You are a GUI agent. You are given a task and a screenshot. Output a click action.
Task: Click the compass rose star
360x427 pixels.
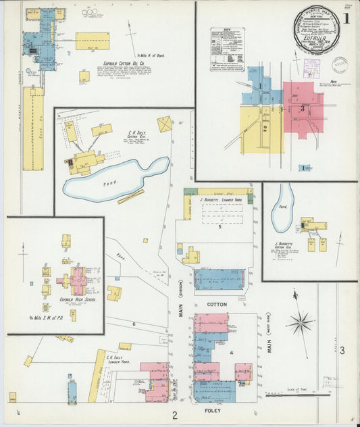301,322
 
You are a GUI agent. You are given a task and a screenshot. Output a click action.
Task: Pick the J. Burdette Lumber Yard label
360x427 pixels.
221,200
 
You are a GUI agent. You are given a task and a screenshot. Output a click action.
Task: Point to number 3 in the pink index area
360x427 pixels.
303,108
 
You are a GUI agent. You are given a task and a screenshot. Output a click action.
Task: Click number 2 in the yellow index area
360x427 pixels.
265,128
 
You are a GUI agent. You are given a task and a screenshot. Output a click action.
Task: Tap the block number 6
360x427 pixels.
134,324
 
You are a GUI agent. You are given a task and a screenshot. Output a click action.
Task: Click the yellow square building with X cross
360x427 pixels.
164,124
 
